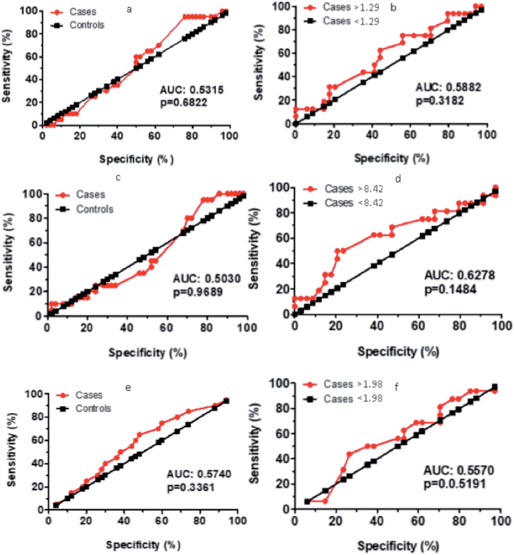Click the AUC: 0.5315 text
(192, 90)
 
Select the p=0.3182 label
(440, 101)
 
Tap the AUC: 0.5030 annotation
(207, 279)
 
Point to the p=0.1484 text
(450, 289)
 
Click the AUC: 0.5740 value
(199, 474)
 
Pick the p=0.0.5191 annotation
(454, 484)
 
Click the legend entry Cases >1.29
(351, 7)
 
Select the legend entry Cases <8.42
(354, 203)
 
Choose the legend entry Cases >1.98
(353, 384)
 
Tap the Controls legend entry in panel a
(87, 25)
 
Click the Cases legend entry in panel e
(89, 395)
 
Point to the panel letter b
(393, 8)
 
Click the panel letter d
(398, 179)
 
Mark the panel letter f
(397, 387)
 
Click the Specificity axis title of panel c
(148, 353)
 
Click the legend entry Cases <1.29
(351, 21)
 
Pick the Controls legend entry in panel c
(95, 209)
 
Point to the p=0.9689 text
(198, 292)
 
